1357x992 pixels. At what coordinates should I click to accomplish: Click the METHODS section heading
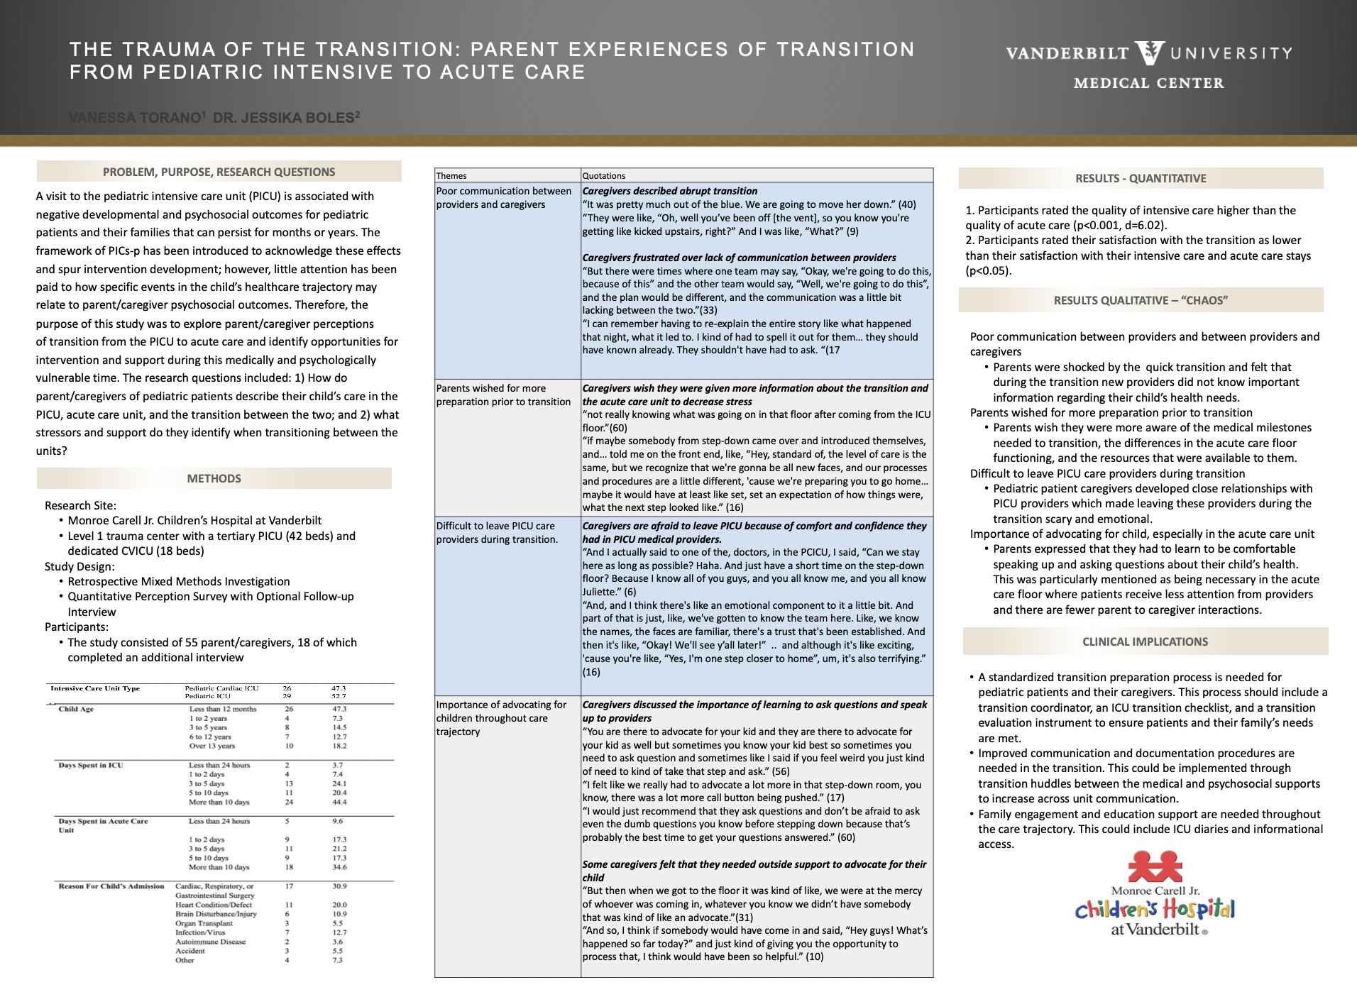(214, 478)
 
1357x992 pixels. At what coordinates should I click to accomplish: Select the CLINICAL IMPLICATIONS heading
(1145, 641)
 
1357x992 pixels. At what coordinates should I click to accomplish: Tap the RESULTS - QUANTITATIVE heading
(1141, 178)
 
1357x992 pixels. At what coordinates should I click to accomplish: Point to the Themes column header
(451, 175)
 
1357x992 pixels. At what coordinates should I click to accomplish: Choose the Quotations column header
(604, 175)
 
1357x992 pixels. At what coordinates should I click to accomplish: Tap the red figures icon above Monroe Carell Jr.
(1155, 866)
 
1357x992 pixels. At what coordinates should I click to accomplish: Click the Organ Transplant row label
(204, 923)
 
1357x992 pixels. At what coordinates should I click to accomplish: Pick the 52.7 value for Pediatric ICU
(339, 696)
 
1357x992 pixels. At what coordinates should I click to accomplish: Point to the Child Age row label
(76, 709)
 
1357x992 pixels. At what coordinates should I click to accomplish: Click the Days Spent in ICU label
(91, 765)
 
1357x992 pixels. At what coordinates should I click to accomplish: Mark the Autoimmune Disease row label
(210, 942)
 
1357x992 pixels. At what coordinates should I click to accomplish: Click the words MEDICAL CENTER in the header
(1148, 83)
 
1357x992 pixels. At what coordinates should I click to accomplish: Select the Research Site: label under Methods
(80, 505)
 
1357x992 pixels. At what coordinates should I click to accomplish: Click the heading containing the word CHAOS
(1141, 300)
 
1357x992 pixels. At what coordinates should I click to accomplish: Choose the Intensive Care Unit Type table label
(95, 688)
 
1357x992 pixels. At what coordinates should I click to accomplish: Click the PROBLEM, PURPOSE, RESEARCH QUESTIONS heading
(219, 172)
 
